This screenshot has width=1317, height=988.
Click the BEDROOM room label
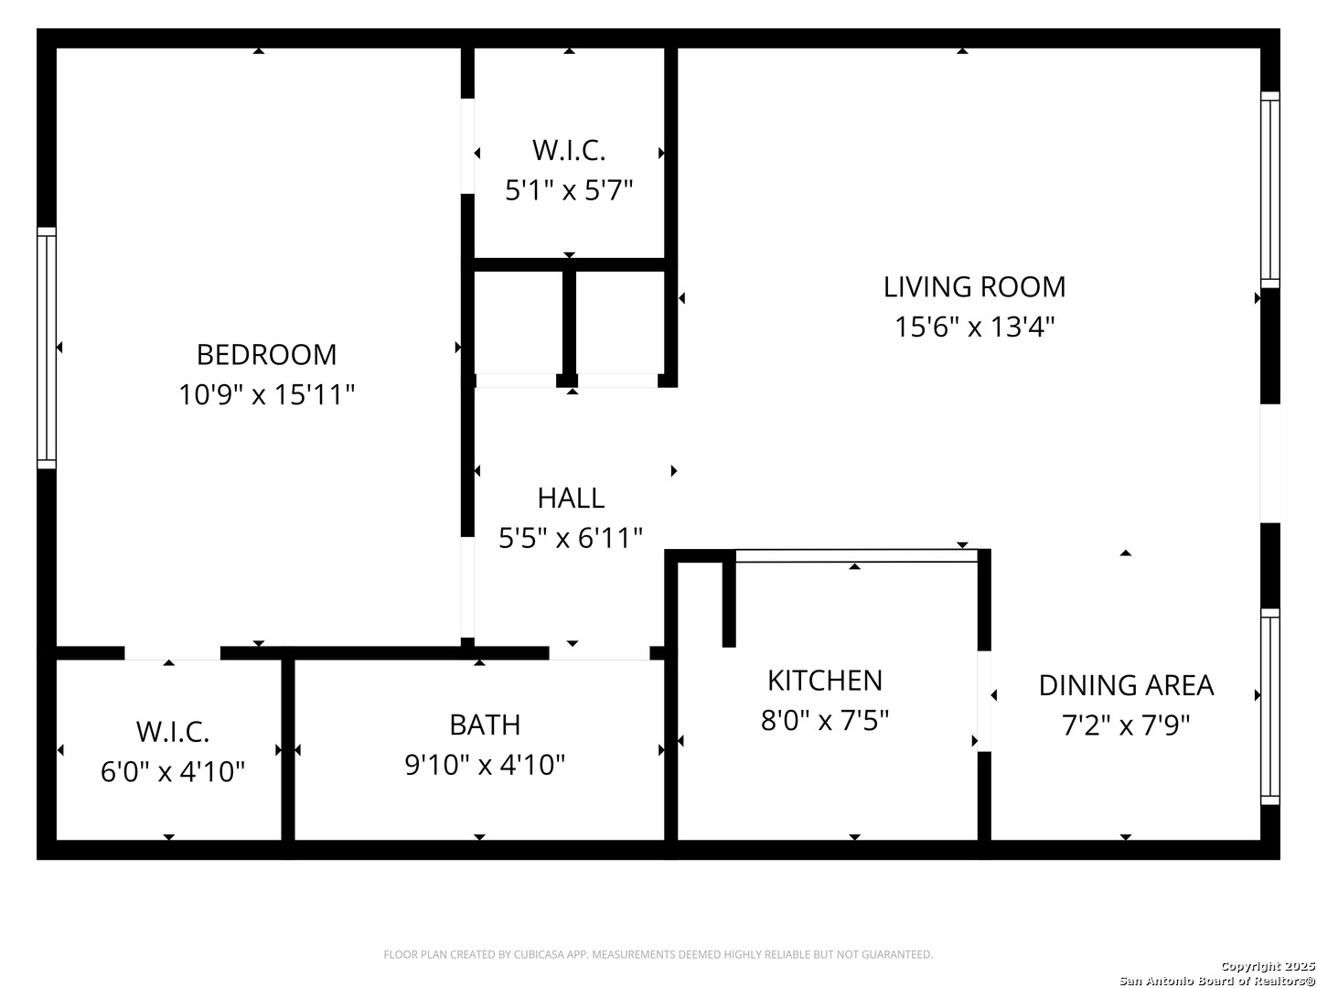click(x=266, y=354)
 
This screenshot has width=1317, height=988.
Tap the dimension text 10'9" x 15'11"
click(x=266, y=395)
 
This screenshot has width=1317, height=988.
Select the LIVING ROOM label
click(x=974, y=286)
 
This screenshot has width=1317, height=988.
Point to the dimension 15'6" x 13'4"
click(x=974, y=327)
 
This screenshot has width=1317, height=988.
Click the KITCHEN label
click(x=824, y=680)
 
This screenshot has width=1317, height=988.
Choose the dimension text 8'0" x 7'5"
click(x=824, y=720)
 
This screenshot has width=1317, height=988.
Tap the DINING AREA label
click(x=1126, y=684)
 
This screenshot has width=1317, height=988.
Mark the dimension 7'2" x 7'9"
click(x=1126, y=725)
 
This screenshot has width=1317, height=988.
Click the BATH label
click(x=485, y=724)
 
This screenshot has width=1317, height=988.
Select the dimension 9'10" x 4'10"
click(x=485, y=764)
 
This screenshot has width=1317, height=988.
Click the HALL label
click(x=571, y=498)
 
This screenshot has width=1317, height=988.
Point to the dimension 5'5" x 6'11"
click(x=571, y=538)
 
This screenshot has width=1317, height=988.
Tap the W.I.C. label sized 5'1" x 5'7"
click(x=569, y=149)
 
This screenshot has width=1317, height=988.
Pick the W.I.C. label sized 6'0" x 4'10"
click(x=173, y=731)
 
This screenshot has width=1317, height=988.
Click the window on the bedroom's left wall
click(x=47, y=348)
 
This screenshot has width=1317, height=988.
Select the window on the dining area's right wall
click(x=1269, y=706)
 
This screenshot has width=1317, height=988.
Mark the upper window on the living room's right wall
click(x=1269, y=189)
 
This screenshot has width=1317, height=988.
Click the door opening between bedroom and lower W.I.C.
click(x=172, y=652)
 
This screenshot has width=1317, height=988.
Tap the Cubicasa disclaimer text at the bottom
click(x=658, y=954)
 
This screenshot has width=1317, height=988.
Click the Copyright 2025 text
click(x=1268, y=966)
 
